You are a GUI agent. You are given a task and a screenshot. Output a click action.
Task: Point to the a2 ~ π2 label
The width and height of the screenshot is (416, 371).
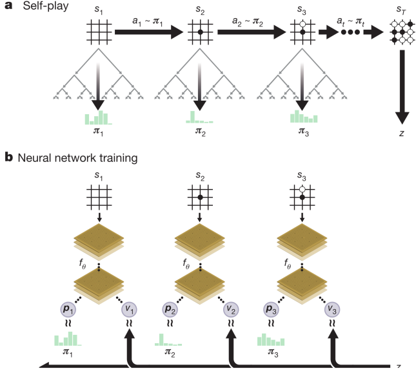coord(247,21)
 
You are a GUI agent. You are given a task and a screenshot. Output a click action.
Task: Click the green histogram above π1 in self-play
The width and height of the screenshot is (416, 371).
coord(97,118)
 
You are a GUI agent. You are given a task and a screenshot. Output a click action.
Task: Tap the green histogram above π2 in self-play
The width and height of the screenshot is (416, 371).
coord(199,118)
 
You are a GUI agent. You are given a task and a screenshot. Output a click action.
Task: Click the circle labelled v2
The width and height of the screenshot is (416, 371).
coord(230,309)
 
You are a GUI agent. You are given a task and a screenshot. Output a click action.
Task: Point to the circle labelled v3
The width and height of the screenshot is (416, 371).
coord(332,309)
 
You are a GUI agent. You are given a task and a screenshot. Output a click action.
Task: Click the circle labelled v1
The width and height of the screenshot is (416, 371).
coord(129,309)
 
